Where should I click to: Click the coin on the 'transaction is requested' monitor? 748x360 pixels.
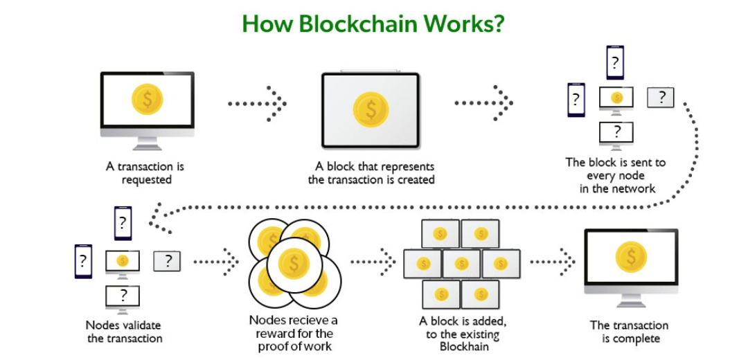(148, 99)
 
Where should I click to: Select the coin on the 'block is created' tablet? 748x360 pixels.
(371, 109)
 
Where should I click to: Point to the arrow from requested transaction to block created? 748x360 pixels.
(257, 103)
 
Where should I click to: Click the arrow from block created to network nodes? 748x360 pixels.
(483, 103)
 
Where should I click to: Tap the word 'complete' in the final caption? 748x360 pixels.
(636, 339)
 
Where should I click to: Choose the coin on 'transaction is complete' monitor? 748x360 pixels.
(631, 257)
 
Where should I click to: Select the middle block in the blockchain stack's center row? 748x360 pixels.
(461, 264)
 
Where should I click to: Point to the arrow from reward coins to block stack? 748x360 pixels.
(373, 261)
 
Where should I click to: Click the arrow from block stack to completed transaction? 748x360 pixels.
(553, 261)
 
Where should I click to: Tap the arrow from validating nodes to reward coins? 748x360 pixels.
(216, 261)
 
